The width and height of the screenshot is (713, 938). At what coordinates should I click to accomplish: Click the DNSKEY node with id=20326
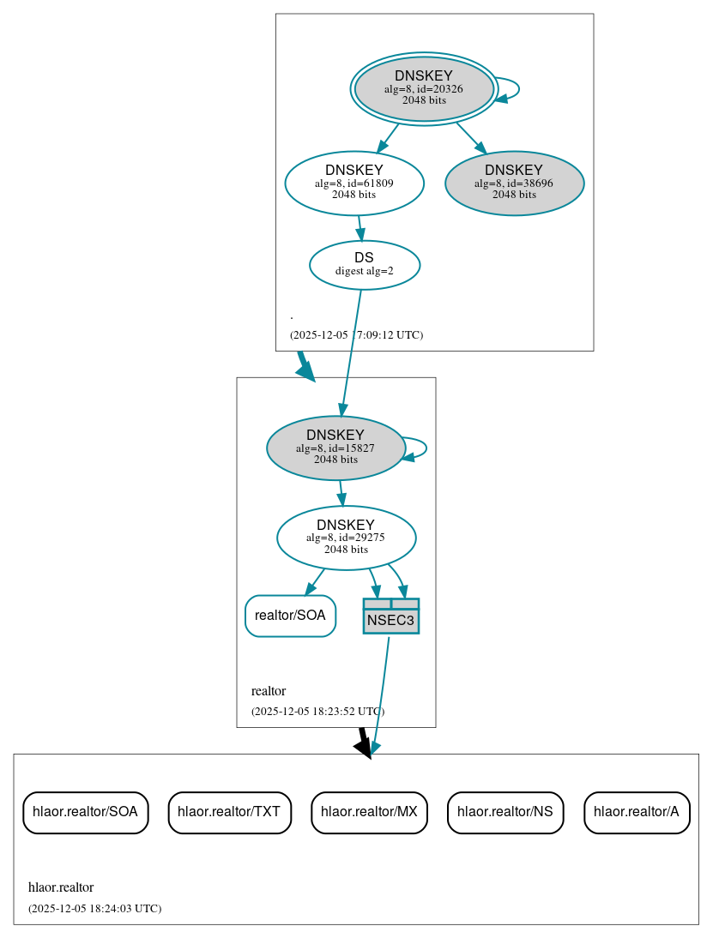424,88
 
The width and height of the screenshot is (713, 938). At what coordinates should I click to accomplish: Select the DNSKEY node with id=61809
354,183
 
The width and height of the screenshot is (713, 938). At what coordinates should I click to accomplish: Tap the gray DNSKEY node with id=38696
514,183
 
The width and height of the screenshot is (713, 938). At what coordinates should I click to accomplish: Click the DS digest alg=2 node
364,264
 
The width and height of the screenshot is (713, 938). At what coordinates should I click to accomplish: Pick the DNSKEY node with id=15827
335,448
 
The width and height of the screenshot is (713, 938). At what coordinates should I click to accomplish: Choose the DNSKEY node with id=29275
346,538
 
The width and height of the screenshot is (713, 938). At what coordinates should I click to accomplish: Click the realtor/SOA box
290,616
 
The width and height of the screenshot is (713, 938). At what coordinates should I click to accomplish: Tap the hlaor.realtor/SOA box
85,812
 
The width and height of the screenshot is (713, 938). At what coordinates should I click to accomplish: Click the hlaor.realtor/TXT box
230,812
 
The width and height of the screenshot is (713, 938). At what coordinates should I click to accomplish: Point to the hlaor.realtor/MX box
369,812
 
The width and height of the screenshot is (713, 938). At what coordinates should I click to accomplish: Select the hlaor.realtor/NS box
505,812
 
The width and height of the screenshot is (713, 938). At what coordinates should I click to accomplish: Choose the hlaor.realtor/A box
637,812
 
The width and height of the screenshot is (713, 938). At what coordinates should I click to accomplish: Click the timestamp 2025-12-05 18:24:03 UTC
94,908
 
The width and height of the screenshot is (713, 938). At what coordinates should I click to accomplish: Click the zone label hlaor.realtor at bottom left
61,887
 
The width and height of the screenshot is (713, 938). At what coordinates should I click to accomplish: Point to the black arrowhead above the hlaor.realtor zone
364,748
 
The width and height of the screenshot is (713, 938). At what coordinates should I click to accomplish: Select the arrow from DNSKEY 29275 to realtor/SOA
315,582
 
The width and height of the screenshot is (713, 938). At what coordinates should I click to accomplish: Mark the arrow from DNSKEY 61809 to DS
360,228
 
